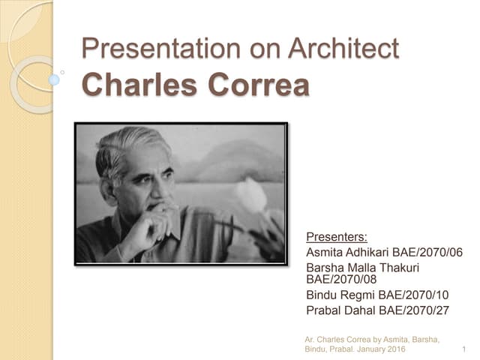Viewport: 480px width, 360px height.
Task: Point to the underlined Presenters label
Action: pos(337,238)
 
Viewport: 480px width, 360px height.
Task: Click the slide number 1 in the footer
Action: pos(465,349)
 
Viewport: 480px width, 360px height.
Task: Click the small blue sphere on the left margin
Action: pos(54,79)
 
